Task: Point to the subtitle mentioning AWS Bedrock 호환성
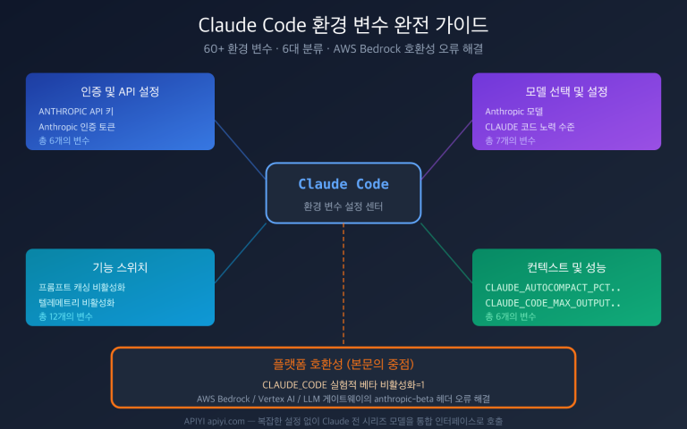click(x=343, y=46)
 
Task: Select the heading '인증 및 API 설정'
click(x=120, y=91)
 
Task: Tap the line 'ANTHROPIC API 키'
click(x=76, y=112)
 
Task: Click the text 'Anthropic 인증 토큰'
click(x=77, y=127)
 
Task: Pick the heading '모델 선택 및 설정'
click(x=566, y=91)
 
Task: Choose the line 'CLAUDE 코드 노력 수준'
click(x=530, y=127)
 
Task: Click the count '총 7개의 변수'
click(x=510, y=141)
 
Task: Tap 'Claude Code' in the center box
click(x=343, y=183)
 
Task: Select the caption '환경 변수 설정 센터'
click(x=343, y=206)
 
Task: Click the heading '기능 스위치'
click(x=120, y=267)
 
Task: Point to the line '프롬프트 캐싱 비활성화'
click(x=81, y=288)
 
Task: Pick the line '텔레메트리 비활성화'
click(x=76, y=303)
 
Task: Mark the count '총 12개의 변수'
click(x=65, y=317)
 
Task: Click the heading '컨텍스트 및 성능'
click(x=566, y=267)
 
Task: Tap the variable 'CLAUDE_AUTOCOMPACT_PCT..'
click(x=552, y=288)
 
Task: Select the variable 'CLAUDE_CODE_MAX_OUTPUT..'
click(x=552, y=303)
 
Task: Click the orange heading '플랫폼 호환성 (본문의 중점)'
click(x=343, y=365)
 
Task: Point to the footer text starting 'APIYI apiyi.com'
click(x=343, y=420)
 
